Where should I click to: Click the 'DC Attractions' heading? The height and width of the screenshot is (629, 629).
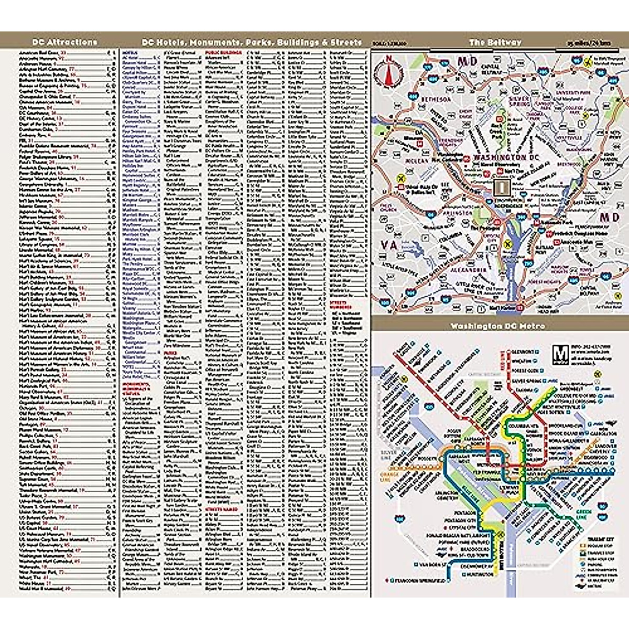(x=65, y=42)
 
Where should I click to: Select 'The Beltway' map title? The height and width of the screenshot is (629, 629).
(x=495, y=42)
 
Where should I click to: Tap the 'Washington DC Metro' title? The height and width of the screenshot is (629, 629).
(x=497, y=326)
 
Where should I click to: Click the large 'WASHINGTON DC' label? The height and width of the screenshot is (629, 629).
(x=500, y=157)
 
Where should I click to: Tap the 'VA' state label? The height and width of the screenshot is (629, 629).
(x=390, y=245)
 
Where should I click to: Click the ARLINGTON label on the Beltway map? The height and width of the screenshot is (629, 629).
(x=457, y=214)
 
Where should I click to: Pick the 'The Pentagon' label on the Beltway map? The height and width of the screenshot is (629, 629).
(x=484, y=228)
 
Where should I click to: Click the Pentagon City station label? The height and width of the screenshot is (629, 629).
(x=460, y=520)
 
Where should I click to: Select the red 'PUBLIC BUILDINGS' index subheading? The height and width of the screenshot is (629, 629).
(x=223, y=53)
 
